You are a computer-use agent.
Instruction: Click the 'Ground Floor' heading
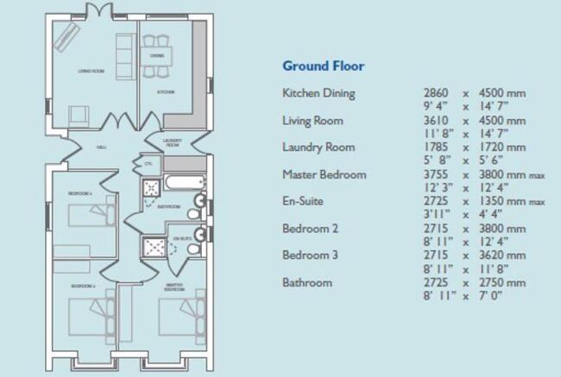(x=324, y=66)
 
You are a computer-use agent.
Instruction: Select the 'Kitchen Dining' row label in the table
(x=318, y=92)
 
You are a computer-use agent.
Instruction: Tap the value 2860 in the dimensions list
(x=437, y=92)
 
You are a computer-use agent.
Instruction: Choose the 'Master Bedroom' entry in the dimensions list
(x=325, y=174)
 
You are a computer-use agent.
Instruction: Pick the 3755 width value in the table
(x=437, y=174)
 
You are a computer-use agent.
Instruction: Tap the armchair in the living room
(x=79, y=114)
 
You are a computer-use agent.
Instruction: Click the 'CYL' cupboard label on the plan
(x=148, y=163)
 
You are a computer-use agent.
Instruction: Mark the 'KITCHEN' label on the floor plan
(x=166, y=91)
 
